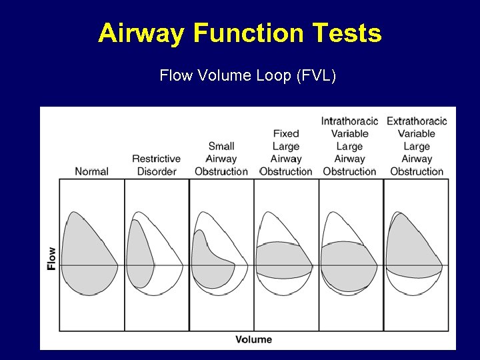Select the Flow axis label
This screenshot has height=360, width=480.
coord(51,259)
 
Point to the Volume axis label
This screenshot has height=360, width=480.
coord(253,339)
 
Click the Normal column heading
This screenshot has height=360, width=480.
coord(91,171)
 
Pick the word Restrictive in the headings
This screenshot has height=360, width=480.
coord(156,159)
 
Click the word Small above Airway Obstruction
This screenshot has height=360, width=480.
coord(221,146)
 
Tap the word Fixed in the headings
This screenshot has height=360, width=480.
coord(285,133)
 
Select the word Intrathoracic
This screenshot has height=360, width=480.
coord(349,121)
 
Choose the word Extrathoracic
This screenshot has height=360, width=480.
coord(417,121)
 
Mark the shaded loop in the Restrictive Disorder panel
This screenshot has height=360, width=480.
coord(139,257)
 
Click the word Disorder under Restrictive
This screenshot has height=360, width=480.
coord(156,171)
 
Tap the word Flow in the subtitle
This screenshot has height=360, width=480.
coord(175,75)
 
